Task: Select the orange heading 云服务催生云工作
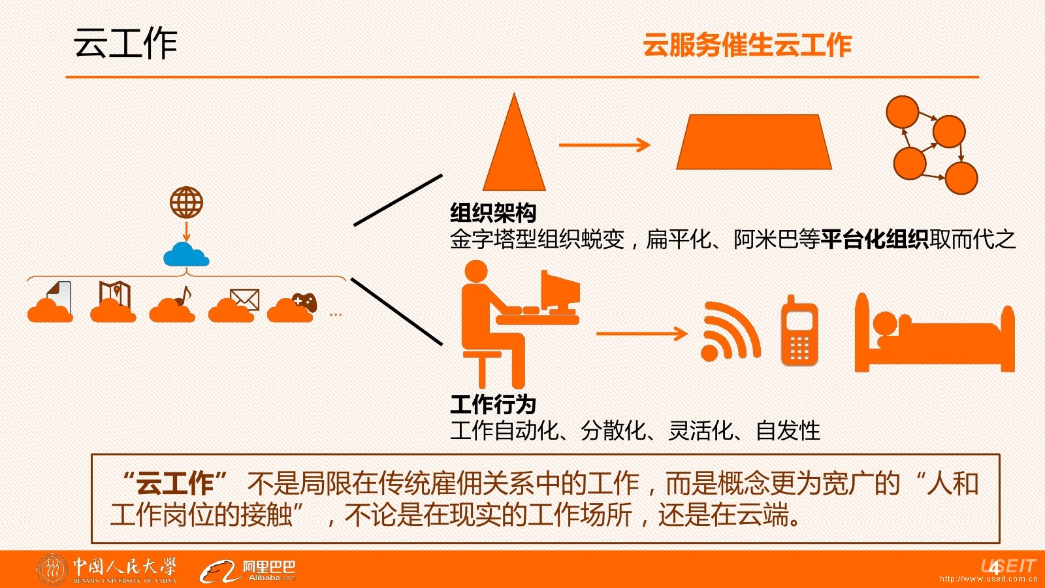pyautogui.click(x=747, y=45)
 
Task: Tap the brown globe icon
pyautogui.click(x=186, y=203)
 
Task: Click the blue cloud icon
pyautogui.click(x=186, y=255)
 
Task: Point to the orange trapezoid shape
pyautogui.click(x=754, y=141)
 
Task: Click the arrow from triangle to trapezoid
pyautogui.click(x=605, y=144)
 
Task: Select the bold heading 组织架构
pyautogui.click(x=493, y=213)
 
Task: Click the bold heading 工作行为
pyautogui.click(x=493, y=404)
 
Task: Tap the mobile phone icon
pyautogui.click(x=799, y=331)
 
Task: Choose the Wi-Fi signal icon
pyautogui.click(x=730, y=331)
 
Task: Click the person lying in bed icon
pyautogui.click(x=935, y=333)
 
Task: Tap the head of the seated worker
pyautogui.click(x=476, y=271)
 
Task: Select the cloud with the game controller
pyautogui.click(x=292, y=308)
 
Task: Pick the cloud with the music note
pyautogui.click(x=172, y=304)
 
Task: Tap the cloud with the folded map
pyautogui.click(x=113, y=302)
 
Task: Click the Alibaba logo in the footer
pyautogui.click(x=248, y=572)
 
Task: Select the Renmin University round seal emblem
pyautogui.click(x=52, y=569)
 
